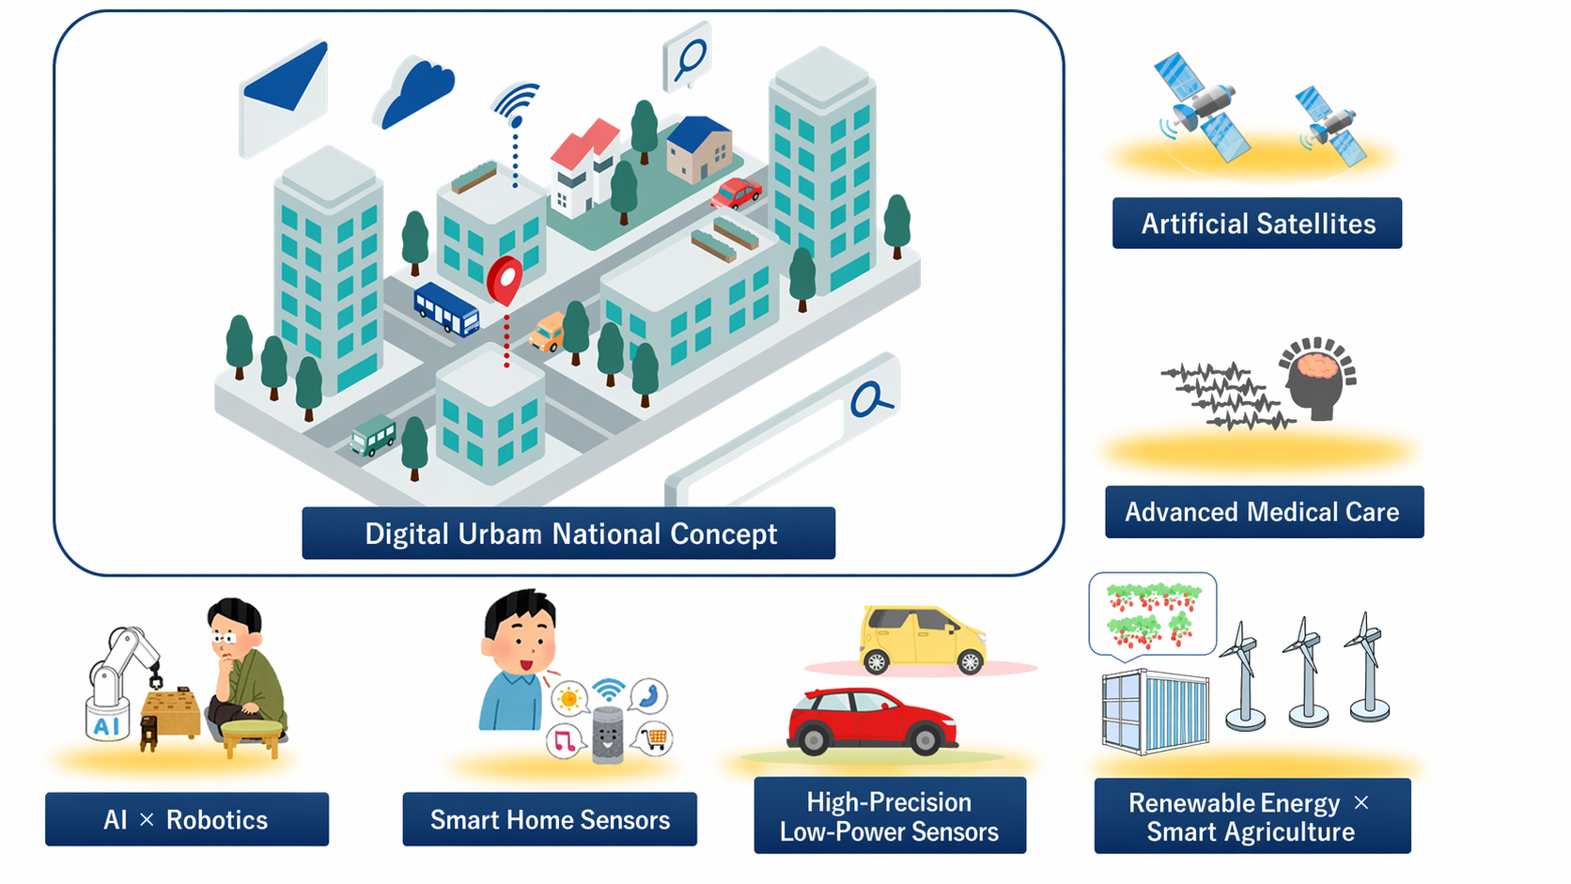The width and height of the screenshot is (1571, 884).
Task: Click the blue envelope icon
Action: pos(284,96)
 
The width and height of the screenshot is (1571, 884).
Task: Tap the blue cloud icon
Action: pos(416,92)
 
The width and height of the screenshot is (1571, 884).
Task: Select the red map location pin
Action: pos(505,278)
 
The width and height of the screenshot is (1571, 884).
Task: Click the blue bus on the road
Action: pos(446,308)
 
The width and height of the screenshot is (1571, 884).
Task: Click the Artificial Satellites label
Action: pos(1256,224)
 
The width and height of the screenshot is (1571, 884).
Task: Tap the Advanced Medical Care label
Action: pos(1263,512)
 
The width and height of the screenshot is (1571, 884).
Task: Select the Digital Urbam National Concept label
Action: pos(568,534)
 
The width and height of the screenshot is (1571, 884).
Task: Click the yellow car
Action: pos(921,639)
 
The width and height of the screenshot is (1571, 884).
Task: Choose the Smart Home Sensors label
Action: pos(550,819)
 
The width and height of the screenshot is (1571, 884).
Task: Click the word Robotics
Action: pos(217,819)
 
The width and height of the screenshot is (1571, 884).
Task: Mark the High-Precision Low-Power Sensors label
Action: pos(889,815)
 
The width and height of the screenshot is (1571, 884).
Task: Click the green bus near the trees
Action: pos(373,436)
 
